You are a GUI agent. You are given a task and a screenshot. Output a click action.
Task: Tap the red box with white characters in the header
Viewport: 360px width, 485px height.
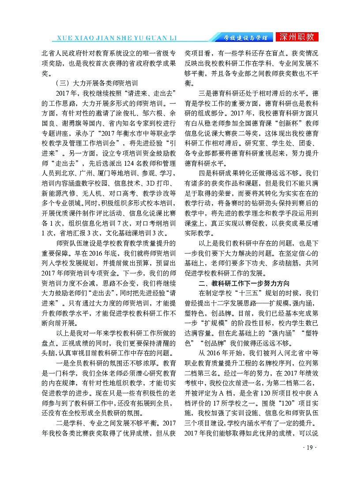pos(298,37)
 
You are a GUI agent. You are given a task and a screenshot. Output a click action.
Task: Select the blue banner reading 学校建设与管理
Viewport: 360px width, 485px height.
pos(244,37)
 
